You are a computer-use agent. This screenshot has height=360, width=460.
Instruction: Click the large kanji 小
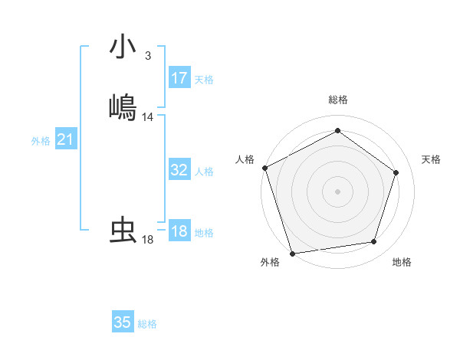click(123, 47)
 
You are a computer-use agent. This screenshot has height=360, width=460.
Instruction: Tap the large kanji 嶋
click(123, 106)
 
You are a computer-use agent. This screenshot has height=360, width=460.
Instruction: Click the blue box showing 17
click(179, 78)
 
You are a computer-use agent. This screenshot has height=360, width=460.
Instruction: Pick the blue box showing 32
click(179, 170)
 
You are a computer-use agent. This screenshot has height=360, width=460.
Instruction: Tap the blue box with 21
click(66, 140)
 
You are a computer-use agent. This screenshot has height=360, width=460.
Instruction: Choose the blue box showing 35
click(123, 322)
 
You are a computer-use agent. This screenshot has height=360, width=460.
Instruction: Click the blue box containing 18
click(179, 231)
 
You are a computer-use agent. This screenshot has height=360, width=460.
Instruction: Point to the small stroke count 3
click(147, 56)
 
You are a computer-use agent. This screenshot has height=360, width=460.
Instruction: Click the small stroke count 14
click(148, 117)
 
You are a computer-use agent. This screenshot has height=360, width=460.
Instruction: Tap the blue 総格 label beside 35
click(147, 324)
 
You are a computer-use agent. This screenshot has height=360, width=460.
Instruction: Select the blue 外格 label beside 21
click(41, 141)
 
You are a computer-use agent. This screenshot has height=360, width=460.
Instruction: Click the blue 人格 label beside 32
click(204, 172)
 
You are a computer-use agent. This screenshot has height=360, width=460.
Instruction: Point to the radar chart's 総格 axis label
click(337, 100)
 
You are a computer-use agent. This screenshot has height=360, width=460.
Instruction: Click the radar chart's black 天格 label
click(431, 159)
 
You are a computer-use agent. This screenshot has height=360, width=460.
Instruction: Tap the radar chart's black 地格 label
click(402, 263)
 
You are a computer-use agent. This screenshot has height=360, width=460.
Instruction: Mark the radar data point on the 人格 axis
click(264, 168)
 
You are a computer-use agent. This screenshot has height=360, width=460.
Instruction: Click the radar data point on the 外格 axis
click(292, 252)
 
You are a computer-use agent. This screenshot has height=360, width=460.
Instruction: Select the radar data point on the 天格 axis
click(396, 172)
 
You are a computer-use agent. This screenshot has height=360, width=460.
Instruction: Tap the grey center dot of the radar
click(337, 191)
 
